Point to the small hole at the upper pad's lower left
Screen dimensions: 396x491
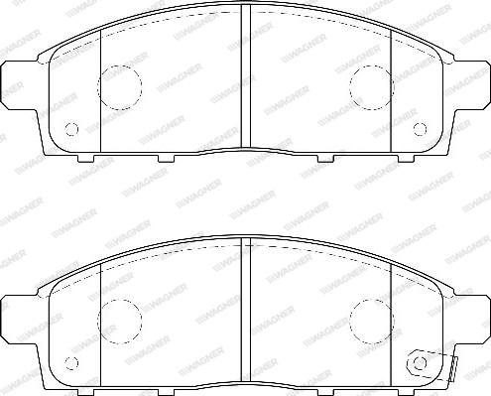(70, 127)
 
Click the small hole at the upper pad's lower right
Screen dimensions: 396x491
(420, 127)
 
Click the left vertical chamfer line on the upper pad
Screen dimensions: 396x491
(103, 89)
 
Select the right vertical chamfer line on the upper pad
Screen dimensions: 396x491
(391, 89)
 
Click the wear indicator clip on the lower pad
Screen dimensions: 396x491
(433, 365)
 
